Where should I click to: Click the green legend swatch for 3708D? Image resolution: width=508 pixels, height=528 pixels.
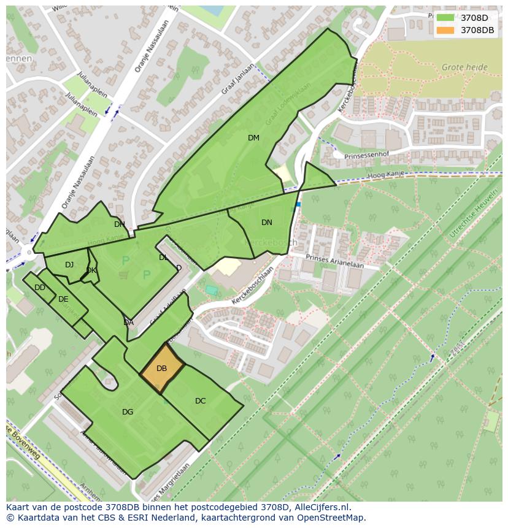pyautogui.click(x=445, y=18)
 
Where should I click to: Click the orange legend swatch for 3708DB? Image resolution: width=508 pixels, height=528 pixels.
pyautogui.click(x=445, y=30)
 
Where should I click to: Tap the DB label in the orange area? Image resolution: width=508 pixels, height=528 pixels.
pyautogui.click(x=161, y=369)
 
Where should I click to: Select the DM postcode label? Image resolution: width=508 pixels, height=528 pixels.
pyautogui.click(x=253, y=138)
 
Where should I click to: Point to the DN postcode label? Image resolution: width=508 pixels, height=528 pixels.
pyautogui.click(x=266, y=223)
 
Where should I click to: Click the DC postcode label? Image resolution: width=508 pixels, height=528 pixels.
pyautogui.click(x=200, y=401)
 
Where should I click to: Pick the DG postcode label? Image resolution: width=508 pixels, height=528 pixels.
pyautogui.click(x=128, y=412)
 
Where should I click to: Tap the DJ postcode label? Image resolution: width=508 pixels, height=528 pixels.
pyautogui.click(x=69, y=265)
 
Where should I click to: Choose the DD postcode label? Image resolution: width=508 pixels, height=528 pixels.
pyautogui.click(x=40, y=288)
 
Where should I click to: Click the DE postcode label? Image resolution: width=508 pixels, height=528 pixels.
pyautogui.click(x=63, y=299)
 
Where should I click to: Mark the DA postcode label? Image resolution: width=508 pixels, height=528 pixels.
pyautogui.click(x=128, y=323)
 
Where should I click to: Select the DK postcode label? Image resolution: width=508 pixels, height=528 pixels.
pyautogui.click(x=91, y=270)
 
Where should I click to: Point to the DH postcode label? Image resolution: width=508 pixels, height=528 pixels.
pyautogui.click(x=119, y=224)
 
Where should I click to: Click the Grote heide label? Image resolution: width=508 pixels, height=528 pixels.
pyautogui.click(x=464, y=67)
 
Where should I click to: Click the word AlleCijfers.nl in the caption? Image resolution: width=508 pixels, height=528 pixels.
pyautogui.click(x=320, y=507)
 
